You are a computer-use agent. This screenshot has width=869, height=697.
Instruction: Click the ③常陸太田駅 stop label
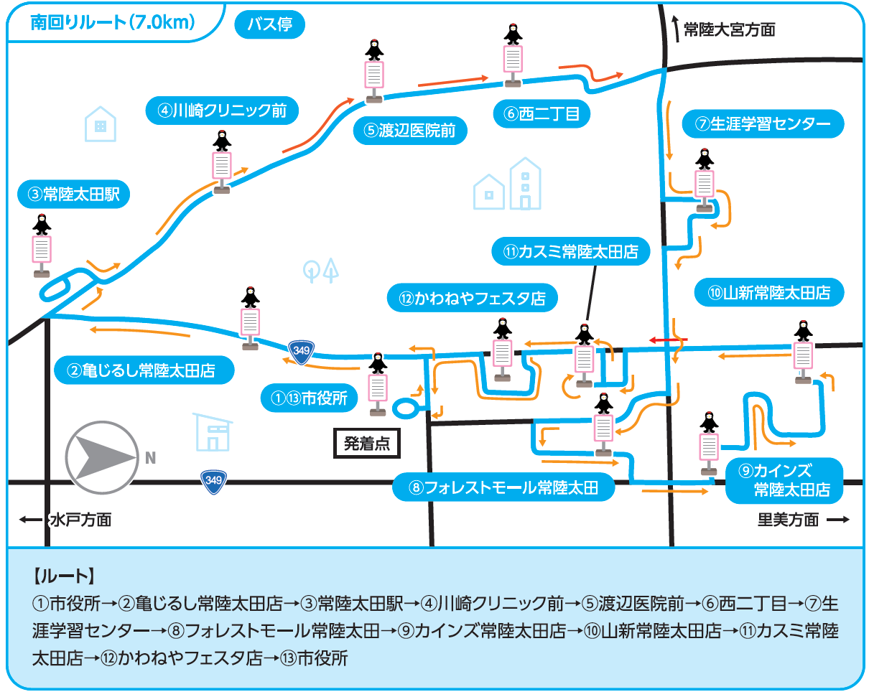click(73, 194)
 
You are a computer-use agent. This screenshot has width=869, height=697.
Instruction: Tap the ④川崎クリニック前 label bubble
click(222, 111)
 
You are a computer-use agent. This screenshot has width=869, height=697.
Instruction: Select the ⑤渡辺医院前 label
click(410, 131)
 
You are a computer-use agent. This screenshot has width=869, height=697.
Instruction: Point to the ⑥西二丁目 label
click(542, 114)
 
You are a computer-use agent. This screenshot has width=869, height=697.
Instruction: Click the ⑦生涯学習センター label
click(763, 123)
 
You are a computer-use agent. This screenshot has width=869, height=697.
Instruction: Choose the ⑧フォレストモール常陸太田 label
click(503, 487)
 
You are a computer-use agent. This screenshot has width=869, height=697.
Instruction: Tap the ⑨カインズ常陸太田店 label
click(784, 480)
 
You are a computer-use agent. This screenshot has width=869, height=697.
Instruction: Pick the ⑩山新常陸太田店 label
click(769, 292)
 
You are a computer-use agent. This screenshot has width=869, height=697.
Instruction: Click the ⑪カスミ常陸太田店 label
click(570, 251)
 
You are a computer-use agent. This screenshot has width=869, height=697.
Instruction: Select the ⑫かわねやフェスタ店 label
click(472, 298)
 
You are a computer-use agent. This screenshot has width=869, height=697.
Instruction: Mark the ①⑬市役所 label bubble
click(309, 398)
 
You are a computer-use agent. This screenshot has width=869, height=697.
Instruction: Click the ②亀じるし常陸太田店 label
click(144, 370)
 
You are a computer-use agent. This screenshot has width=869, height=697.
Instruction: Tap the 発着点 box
click(367, 443)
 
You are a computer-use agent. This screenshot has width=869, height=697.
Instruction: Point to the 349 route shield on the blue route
click(301, 352)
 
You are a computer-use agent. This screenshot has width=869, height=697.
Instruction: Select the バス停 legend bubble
click(270, 24)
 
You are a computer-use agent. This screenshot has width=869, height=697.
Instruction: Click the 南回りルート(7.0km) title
click(113, 22)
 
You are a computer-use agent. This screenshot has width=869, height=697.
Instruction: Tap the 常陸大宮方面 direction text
click(729, 29)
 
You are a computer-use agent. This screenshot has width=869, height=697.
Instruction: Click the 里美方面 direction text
click(788, 520)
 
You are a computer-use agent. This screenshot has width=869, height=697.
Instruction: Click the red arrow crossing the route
click(669, 340)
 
